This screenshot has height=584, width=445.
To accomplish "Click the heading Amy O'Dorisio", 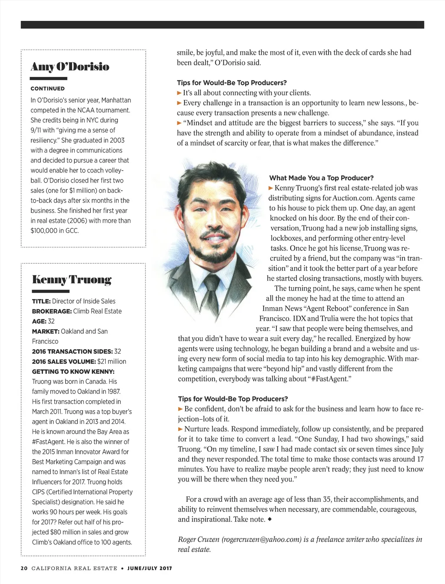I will click(x=70, y=66).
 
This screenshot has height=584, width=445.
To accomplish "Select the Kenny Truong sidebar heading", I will click(x=72, y=279).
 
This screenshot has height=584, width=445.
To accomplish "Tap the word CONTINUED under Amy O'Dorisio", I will click(x=47, y=89).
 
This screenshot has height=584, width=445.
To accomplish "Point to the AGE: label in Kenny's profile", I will click(x=39, y=321).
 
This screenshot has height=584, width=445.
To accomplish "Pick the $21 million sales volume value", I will click(x=112, y=362).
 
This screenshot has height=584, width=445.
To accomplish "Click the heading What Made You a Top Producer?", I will click(x=321, y=178).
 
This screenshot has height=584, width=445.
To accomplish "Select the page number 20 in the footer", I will click(x=24, y=568).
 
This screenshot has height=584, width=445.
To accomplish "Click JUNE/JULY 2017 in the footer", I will click(x=149, y=568).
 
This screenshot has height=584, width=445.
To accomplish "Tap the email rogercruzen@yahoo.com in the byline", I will click(x=261, y=539).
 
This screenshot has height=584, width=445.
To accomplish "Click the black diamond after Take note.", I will click(x=270, y=519).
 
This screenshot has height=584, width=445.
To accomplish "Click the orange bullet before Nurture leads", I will click(x=180, y=429).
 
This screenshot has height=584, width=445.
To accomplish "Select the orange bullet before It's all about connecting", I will click(x=179, y=93).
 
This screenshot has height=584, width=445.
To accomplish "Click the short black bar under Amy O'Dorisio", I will click(x=49, y=79).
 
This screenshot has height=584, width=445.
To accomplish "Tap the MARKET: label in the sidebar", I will click(x=45, y=331).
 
